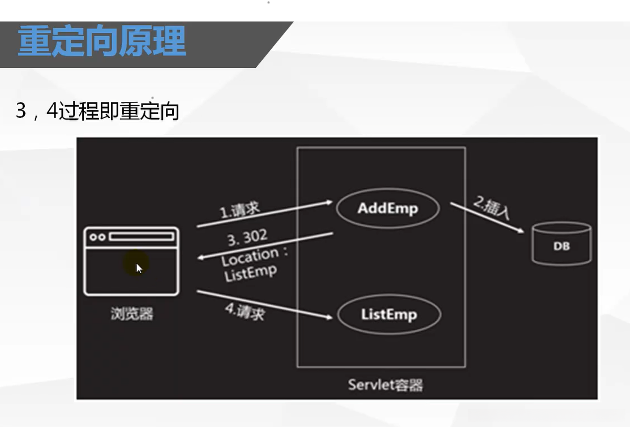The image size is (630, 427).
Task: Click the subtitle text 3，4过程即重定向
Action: coord(97,111)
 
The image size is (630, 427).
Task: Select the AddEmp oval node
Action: coord(388,209)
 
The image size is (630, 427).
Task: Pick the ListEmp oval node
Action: coord(388,314)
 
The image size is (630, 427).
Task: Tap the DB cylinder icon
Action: coord(562,244)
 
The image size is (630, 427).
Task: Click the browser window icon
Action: coord(131,261)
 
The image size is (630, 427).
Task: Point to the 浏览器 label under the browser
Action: coord(131,313)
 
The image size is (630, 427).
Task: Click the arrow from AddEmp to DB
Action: coord(487,218)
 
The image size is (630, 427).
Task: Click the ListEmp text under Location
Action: coord(250,273)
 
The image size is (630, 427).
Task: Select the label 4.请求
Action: coord(245,312)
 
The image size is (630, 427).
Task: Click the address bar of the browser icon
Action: coord(140,236)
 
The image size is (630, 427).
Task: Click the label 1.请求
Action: coord(239,210)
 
